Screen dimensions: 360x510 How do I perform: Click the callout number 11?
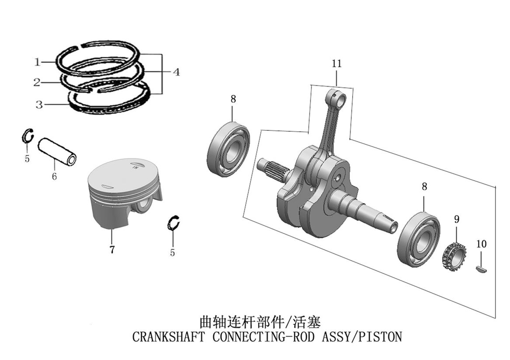[337, 64]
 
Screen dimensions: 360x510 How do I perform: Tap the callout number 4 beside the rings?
[176, 71]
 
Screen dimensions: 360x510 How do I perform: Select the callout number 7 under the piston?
[112, 250]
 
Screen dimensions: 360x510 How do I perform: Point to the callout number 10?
[481, 244]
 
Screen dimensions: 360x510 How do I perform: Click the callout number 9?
[457, 218]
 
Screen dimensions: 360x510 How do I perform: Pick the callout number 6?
[54, 177]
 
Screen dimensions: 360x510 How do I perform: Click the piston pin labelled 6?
[57, 151]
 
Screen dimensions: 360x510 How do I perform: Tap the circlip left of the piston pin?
[28, 136]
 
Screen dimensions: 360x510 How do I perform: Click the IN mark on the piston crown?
[135, 167]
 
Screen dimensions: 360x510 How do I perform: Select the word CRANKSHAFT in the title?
[168, 337]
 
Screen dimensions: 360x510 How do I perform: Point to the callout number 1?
[38, 62]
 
